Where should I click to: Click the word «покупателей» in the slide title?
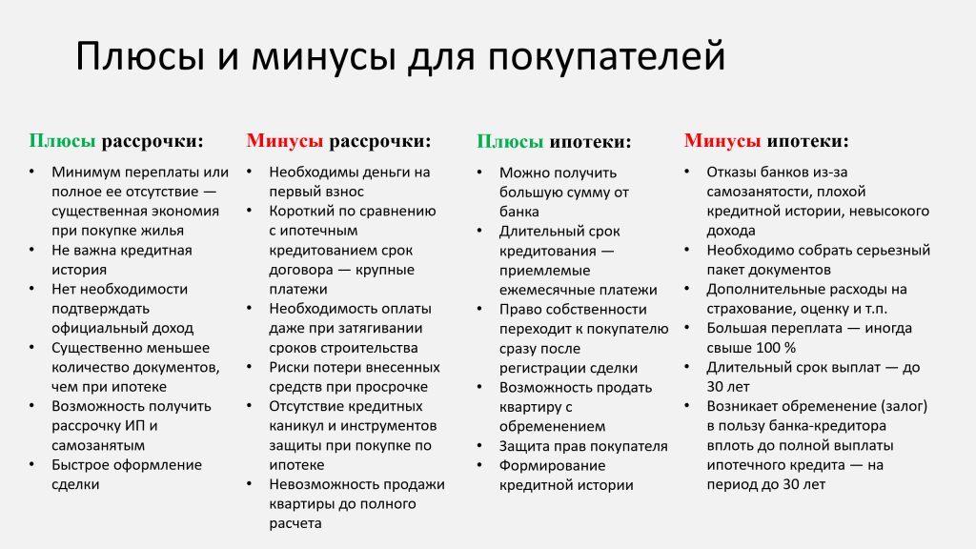[606, 56]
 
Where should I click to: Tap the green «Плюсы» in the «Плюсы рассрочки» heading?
[62, 141]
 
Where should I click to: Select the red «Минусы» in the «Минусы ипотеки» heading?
[722, 141]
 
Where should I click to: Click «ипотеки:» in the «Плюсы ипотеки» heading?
[590, 141]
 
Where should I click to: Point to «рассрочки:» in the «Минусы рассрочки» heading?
[379, 141]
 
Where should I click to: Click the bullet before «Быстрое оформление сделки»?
[31, 464]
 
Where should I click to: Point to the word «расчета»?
[295, 523]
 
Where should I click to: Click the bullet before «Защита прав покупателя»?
[480, 446]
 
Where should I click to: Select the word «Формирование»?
[544, 465]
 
